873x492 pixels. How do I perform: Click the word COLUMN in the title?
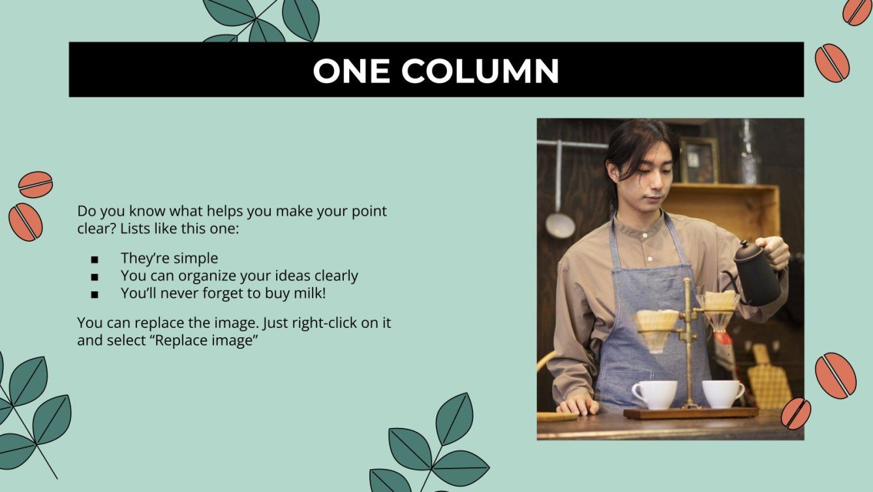click(480, 71)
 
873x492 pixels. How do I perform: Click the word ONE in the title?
click(352, 71)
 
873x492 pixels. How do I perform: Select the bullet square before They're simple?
click(95, 259)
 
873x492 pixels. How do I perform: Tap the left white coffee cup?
click(654, 395)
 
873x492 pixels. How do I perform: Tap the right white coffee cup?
click(722, 393)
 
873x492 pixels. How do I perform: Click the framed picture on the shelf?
click(699, 161)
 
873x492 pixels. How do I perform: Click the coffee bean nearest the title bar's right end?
click(832, 63)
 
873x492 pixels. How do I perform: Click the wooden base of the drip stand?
click(690, 413)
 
